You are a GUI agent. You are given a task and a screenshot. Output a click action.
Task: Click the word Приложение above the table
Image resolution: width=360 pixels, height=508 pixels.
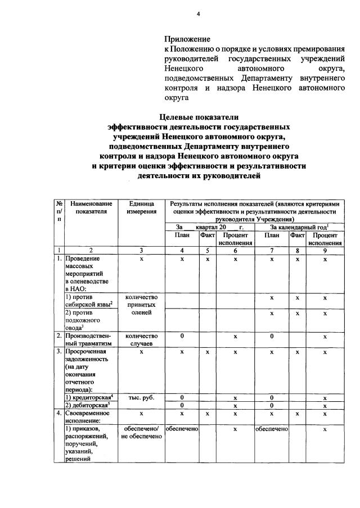click(187, 39)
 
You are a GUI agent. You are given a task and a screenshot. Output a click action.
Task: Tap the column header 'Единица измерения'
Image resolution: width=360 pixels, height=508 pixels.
click(141, 207)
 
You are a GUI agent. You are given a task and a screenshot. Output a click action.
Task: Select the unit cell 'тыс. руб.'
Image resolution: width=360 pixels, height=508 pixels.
click(141, 397)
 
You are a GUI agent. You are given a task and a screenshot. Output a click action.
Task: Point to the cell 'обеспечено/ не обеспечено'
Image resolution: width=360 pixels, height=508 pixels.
click(141, 433)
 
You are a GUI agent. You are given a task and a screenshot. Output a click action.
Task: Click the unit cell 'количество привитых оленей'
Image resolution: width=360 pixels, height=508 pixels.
click(141, 305)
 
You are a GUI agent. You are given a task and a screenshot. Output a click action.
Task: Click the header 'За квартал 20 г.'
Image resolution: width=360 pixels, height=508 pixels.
click(208, 226)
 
